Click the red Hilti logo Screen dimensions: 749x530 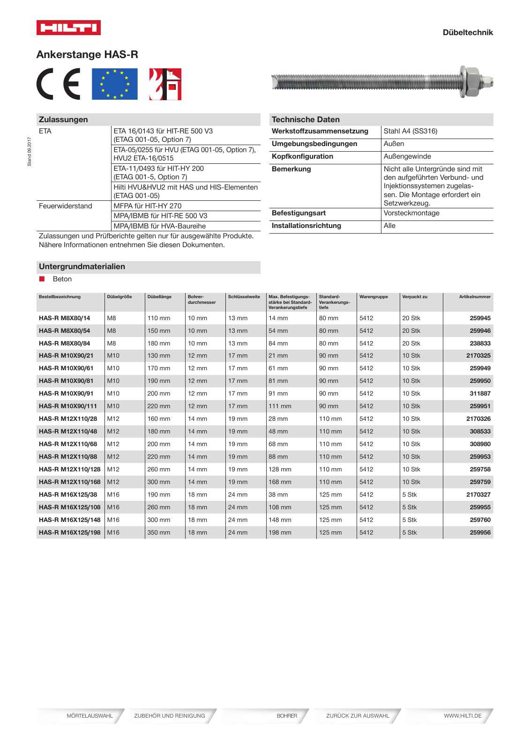click(x=68, y=28)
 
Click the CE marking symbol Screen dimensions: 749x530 click(x=59, y=84)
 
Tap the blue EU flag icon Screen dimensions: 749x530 click(x=114, y=84)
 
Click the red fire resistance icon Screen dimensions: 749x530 click(x=165, y=84)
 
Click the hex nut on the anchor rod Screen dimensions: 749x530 click(x=470, y=82)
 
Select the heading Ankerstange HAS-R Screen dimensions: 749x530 click(x=87, y=55)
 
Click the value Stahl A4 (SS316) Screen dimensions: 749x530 click(x=410, y=131)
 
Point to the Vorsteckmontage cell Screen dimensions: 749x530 click(x=411, y=213)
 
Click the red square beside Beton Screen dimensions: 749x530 click(x=42, y=279)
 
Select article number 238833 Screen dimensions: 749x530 click(x=480, y=343)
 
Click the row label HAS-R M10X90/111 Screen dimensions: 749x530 click(x=68, y=406)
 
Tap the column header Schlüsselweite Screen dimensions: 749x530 click(x=244, y=297)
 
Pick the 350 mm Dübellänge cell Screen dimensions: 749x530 click(x=159, y=532)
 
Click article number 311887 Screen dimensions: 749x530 click(x=480, y=393)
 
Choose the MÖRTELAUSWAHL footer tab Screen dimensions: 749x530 click(x=90, y=716)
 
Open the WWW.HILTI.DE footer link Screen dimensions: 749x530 click(x=462, y=716)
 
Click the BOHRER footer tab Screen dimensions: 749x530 click(x=286, y=716)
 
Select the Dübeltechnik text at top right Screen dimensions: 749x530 click(x=467, y=32)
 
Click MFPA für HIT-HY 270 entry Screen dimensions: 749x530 click(x=147, y=206)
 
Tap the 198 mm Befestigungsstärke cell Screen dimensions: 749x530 click(x=280, y=532)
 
